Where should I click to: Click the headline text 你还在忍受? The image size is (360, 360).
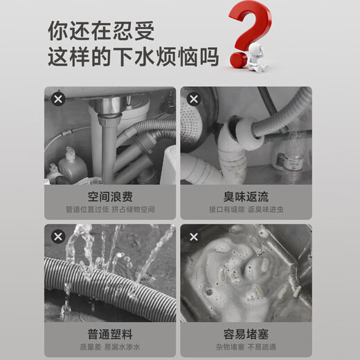102,30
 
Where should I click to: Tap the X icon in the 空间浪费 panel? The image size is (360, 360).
58,99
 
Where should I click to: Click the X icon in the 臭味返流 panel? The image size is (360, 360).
194,99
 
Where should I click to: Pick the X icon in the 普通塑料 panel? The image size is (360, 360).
58,237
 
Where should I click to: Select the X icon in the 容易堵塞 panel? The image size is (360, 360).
194,237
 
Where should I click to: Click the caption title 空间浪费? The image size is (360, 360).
109,196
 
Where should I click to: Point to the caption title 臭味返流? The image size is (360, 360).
246,196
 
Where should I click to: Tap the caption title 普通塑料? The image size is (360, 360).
109,334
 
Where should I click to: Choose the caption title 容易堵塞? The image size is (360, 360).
246,334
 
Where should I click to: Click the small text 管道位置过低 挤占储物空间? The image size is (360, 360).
109,209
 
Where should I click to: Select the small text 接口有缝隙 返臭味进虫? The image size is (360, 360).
246,209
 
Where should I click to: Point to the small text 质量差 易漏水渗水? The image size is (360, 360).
109,346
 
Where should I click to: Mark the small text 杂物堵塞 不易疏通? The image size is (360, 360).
246,346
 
